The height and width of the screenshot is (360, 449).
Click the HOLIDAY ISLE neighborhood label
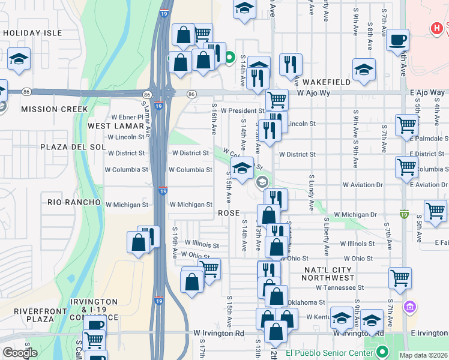click(x=32, y=33)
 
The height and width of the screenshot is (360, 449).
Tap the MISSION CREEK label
click(x=54, y=109)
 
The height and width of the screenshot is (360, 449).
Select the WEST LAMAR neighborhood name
click(x=116, y=126)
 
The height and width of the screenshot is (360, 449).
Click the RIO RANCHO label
click(x=74, y=202)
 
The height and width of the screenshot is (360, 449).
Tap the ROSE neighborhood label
click(x=229, y=214)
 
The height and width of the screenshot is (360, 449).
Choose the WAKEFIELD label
click(x=326, y=81)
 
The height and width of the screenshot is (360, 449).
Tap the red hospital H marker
click(x=439, y=28)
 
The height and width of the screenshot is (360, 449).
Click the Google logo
click(x=20, y=353)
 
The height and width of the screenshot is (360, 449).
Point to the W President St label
click(x=242, y=110)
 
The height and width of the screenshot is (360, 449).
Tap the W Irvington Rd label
click(x=218, y=333)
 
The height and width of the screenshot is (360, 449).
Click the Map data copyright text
click(x=423, y=355)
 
